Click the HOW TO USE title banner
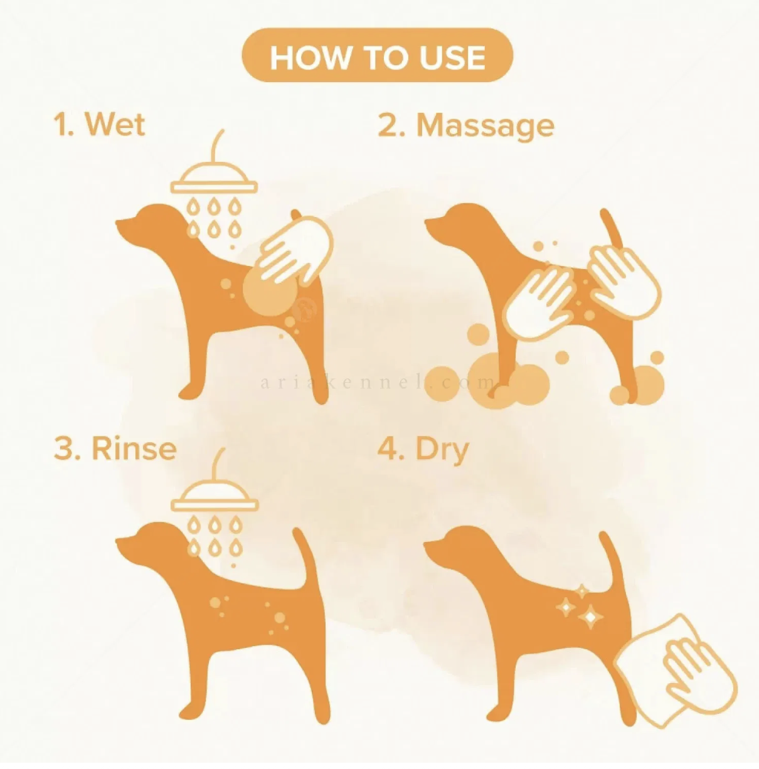pyautogui.click(x=377, y=55)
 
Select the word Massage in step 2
pyautogui.click(x=486, y=127)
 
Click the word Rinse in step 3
pyautogui.click(x=135, y=448)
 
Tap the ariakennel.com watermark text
pyautogui.click(x=377, y=383)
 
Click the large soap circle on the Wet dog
pyautogui.click(x=270, y=291)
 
